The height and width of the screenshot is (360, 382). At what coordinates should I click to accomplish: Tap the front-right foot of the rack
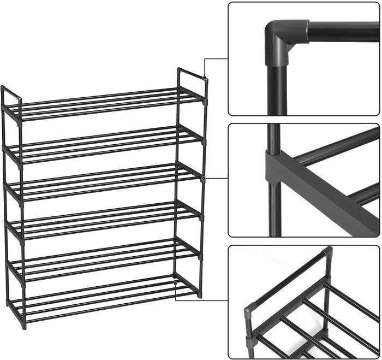pyautogui.click(x=200, y=294)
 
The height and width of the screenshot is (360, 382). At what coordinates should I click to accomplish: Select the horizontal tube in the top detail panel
pyautogui.click(x=344, y=32)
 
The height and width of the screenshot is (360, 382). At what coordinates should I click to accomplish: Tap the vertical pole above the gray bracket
pyautogui.click(x=273, y=137)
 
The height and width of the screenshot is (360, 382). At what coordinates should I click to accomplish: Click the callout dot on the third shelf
pyautogui.click(x=203, y=178)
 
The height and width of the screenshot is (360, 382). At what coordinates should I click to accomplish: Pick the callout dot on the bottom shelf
pyautogui.click(x=175, y=284)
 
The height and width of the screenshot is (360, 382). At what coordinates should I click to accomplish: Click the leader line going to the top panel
pyautogui.click(x=216, y=58)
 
